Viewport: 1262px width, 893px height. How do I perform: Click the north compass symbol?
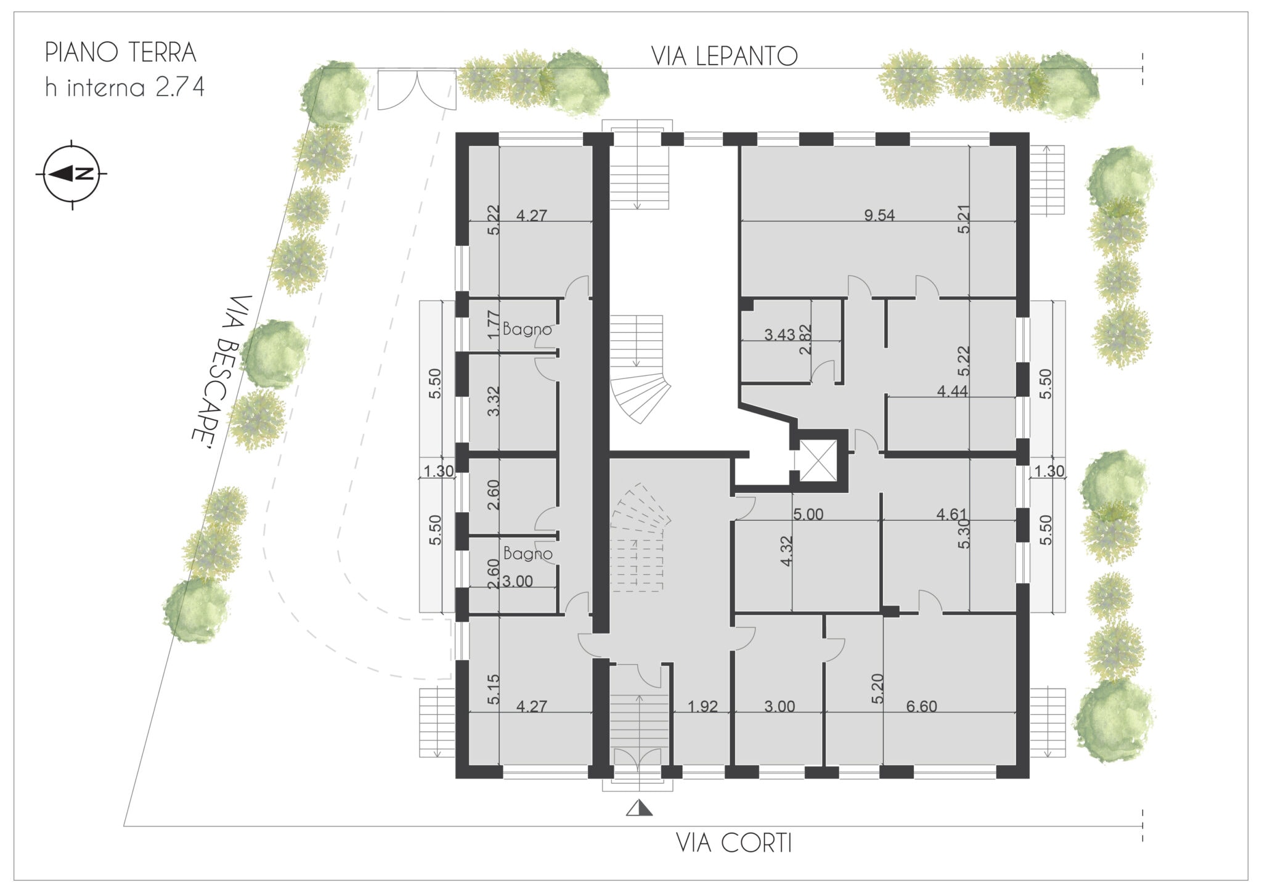point(72,174)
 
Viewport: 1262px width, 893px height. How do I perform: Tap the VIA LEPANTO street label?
point(725,57)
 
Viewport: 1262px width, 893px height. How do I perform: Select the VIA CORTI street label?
point(734,843)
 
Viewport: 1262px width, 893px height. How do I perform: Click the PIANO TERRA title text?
point(121,54)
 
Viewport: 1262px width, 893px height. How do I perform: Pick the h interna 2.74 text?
point(124,88)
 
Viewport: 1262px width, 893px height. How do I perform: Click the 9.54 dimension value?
point(879,215)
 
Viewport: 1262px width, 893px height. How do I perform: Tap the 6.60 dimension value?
point(922,706)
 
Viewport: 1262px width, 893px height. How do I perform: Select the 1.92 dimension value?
point(702,706)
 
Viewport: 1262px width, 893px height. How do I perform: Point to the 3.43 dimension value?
point(780,335)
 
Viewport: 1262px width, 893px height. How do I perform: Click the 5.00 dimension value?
point(808,514)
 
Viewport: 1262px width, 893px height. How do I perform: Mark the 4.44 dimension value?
point(952,391)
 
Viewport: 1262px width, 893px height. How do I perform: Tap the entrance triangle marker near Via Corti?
point(639,808)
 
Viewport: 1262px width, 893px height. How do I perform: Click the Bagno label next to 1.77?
point(527,329)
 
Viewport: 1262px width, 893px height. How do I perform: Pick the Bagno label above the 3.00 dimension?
point(527,553)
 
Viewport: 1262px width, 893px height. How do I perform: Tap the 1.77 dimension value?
point(492,325)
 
